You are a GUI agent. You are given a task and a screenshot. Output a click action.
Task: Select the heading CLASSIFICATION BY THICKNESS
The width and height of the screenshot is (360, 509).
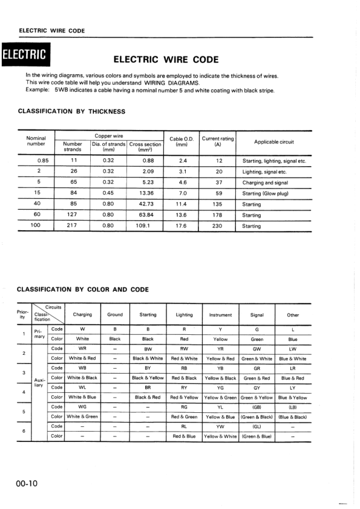tap(71, 111)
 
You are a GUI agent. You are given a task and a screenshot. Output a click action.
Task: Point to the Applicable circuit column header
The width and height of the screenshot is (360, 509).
tap(273, 142)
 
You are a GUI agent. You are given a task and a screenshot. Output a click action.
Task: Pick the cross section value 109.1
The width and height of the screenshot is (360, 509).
tap(145, 226)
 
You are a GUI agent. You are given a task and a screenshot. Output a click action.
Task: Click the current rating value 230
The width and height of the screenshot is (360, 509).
tap(218, 226)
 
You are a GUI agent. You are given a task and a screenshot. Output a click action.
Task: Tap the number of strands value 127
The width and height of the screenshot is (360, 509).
tap(73, 215)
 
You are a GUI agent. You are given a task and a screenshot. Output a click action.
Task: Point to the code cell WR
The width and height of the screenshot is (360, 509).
tap(82, 349)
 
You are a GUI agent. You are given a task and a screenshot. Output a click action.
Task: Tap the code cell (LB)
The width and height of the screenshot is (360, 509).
tap(293, 407)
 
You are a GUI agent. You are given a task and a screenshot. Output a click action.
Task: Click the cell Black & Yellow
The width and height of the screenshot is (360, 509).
tap(148, 378)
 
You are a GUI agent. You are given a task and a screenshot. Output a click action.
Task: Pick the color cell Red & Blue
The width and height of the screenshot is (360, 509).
tap(184, 436)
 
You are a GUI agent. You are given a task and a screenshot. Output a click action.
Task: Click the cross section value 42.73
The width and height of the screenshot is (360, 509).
tap(145, 204)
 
